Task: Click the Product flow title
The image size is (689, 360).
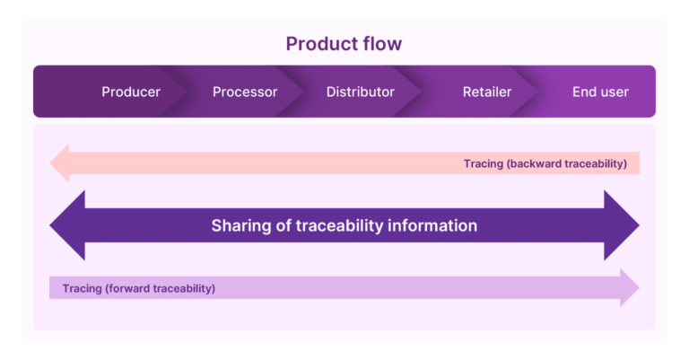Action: [x=344, y=43]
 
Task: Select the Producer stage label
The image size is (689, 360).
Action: [x=130, y=92]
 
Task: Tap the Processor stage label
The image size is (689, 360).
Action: [x=245, y=92]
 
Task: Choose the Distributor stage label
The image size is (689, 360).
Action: [x=360, y=92]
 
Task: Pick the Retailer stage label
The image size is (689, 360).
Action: [x=487, y=92]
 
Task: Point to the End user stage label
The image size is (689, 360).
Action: [x=600, y=92]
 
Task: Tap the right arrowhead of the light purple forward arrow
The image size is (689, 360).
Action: [x=629, y=288]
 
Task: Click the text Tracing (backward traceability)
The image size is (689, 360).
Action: [x=545, y=163]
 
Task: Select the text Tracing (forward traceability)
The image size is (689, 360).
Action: [x=139, y=288]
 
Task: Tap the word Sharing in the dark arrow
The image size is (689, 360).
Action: [x=240, y=225]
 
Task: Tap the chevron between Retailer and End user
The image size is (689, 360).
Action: [x=533, y=92]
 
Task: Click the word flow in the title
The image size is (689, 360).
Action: [x=382, y=43]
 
